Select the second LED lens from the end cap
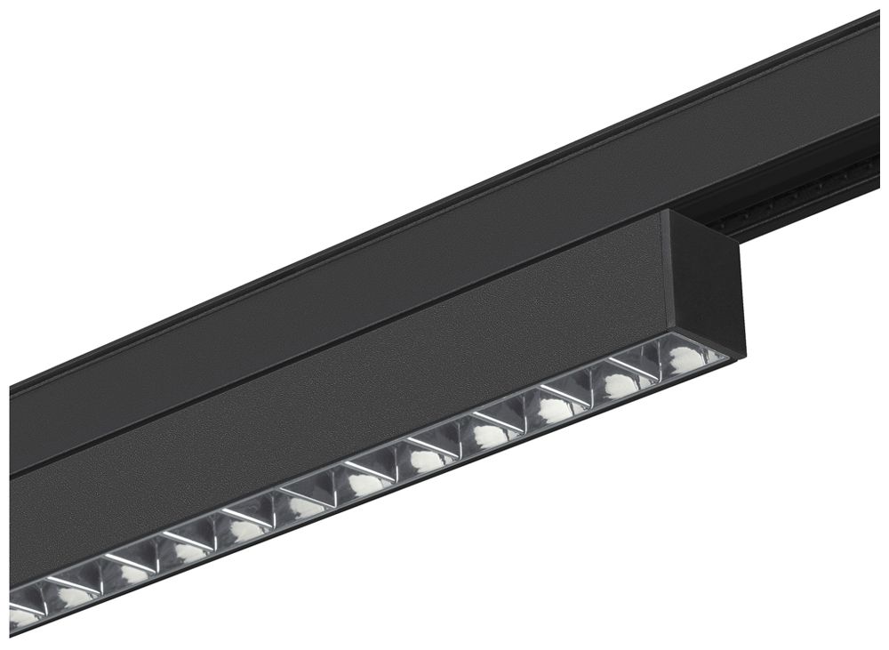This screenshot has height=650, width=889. [x=617, y=383]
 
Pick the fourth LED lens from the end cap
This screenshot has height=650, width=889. [x=489, y=435]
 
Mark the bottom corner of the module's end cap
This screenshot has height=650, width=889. [x=743, y=355]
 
